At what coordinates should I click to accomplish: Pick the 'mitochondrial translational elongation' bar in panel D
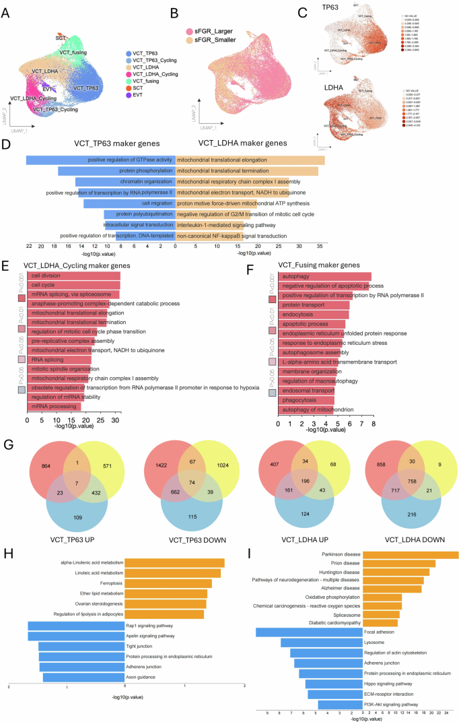250,160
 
